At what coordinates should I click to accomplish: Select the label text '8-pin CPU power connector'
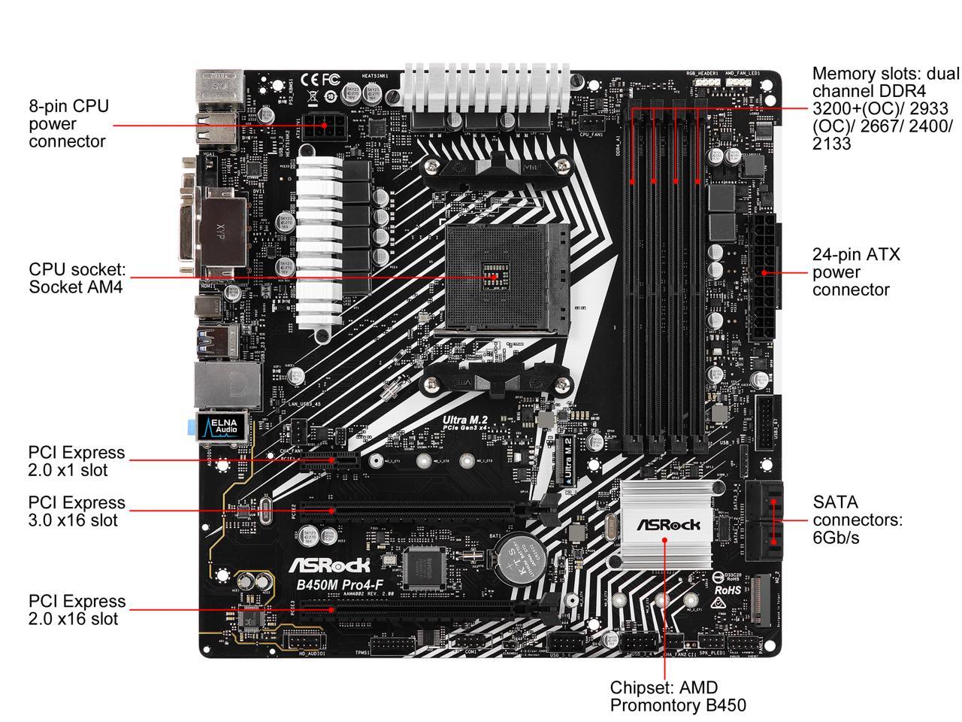[x=68, y=123]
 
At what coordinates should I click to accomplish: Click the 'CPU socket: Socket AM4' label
[x=77, y=278]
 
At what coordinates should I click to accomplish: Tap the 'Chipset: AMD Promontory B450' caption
[x=677, y=696]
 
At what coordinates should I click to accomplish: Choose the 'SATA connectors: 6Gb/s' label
[x=857, y=520]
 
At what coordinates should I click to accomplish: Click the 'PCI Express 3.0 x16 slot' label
[x=77, y=511]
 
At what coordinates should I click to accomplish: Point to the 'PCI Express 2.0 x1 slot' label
[x=77, y=461]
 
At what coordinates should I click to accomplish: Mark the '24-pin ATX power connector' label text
[x=855, y=272]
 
